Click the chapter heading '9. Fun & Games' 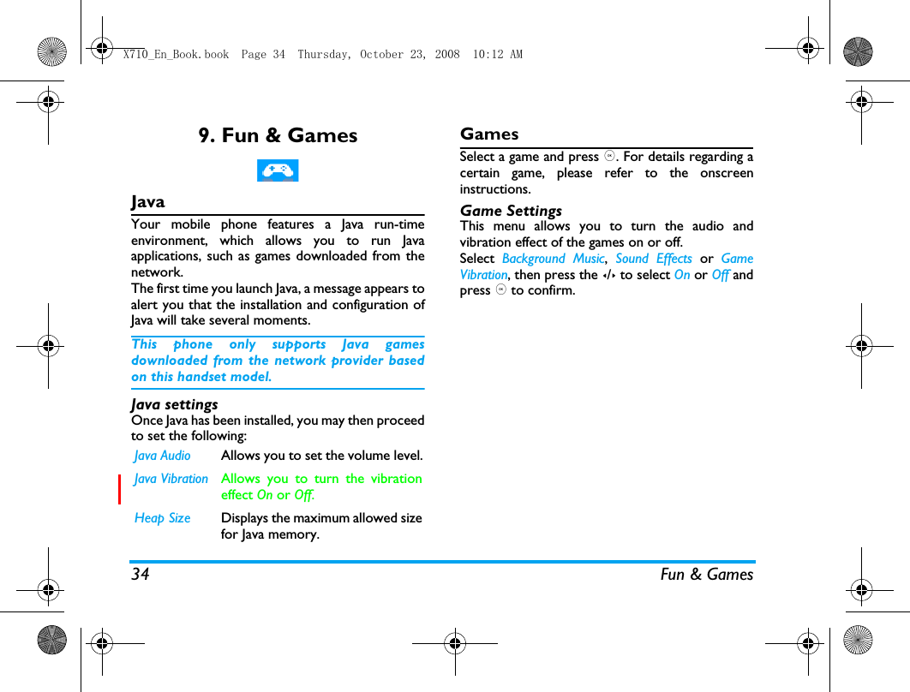[278, 135]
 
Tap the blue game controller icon [278, 170]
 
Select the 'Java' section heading [148, 202]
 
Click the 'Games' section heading [489, 134]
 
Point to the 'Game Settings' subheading [511, 211]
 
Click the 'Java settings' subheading [175, 404]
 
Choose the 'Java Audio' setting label [163, 456]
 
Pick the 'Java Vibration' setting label [171, 479]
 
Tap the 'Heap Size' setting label [163, 518]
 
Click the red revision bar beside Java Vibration [120, 487]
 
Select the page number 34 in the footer [140, 575]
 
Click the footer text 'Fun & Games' [706, 575]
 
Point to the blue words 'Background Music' [553, 259]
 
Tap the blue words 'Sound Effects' [653, 259]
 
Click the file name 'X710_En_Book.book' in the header [176, 55]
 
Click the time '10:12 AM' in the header [497, 55]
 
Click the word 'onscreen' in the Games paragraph [726, 173]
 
